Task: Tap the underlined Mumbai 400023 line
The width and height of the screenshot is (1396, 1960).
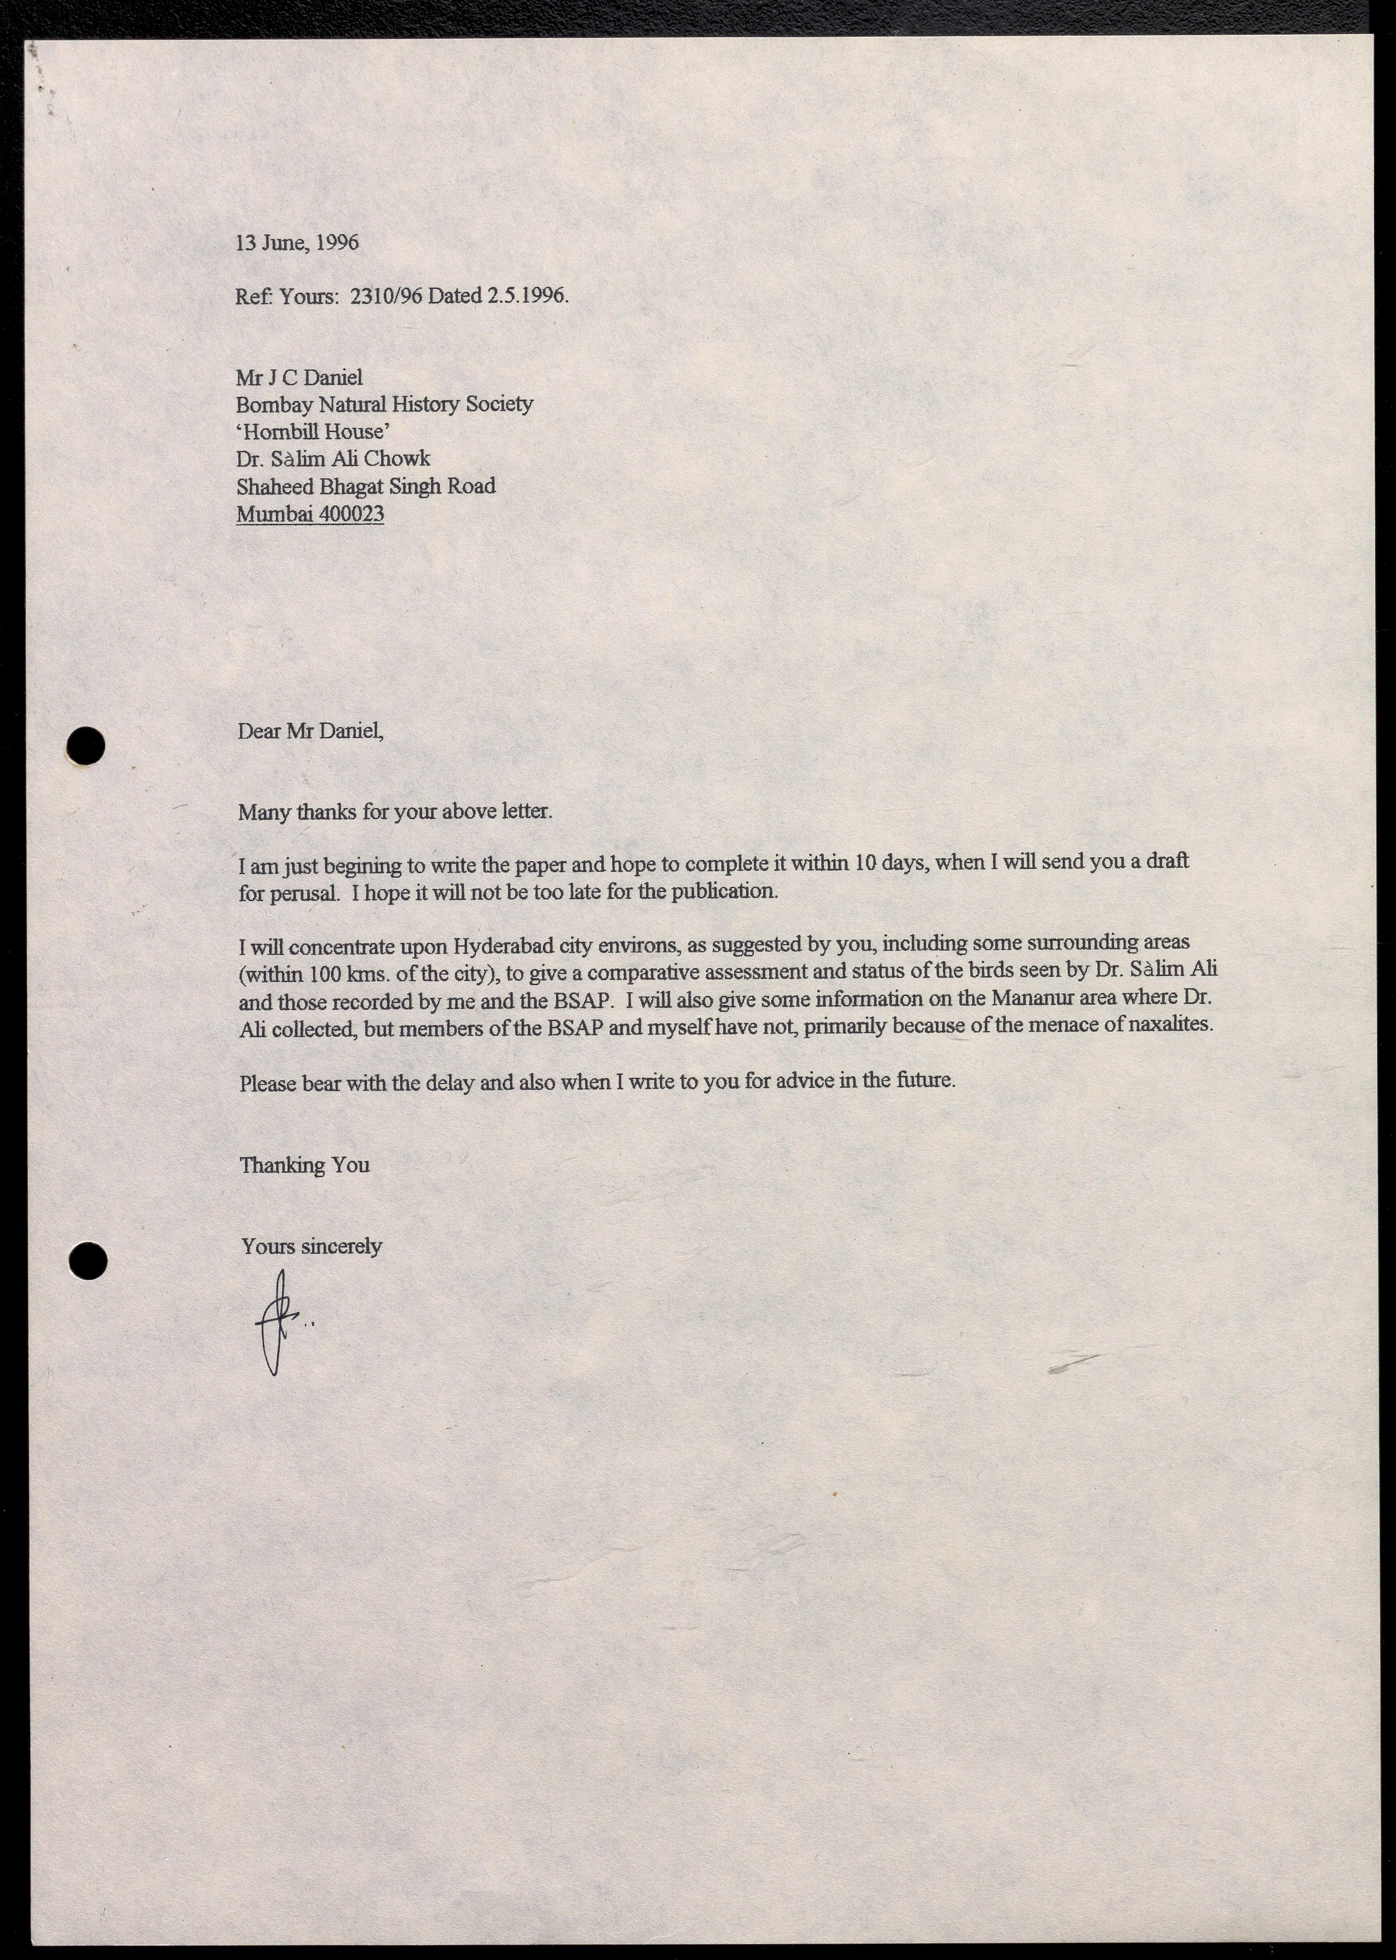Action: (x=310, y=514)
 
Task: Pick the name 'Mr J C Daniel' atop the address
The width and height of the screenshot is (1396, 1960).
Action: (x=299, y=378)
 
